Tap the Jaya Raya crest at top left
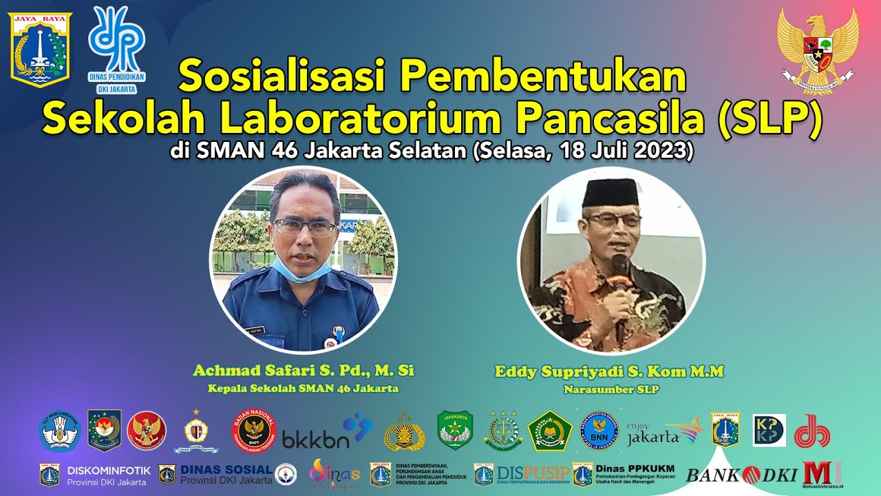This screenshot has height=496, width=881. (40, 47)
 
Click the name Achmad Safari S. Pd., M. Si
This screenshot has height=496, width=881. (304, 371)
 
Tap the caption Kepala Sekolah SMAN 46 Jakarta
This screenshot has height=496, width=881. (304, 389)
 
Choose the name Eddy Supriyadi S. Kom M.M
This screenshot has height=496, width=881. (609, 372)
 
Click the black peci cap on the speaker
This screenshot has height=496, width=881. (611, 192)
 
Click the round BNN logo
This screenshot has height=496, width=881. (601, 431)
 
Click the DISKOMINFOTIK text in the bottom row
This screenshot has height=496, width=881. (108, 470)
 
